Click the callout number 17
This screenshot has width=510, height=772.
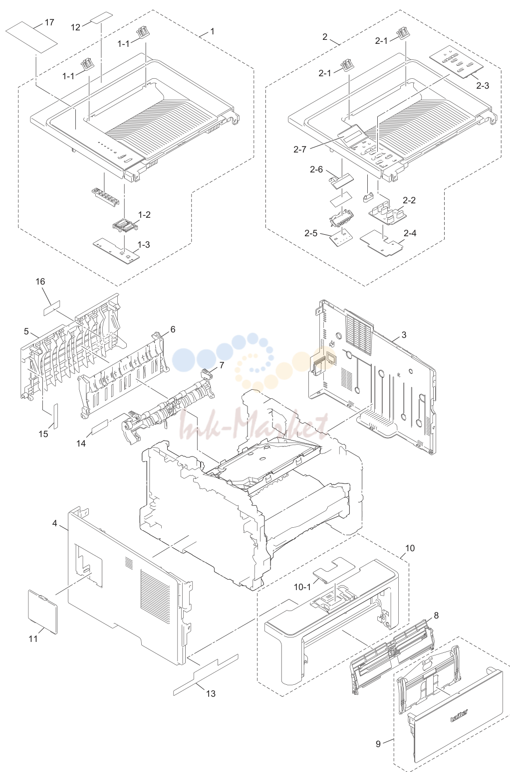coord(49,22)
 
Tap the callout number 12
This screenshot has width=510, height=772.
coord(75,27)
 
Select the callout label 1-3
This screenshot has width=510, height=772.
coord(144,245)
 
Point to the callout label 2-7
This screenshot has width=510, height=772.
coord(299,149)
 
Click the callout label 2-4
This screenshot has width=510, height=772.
coord(410,233)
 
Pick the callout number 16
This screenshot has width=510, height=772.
coord(40,282)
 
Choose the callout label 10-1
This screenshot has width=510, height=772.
coord(302,587)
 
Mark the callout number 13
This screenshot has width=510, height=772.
coord(211,693)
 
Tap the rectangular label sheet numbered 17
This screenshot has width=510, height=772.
coord(32,37)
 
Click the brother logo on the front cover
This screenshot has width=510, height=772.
coord(459,716)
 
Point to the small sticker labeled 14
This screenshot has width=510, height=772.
coord(100,428)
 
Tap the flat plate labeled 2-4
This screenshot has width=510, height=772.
coord(382,242)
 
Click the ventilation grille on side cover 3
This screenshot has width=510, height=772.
coord(359,332)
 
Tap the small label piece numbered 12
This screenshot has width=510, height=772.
coord(102,18)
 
